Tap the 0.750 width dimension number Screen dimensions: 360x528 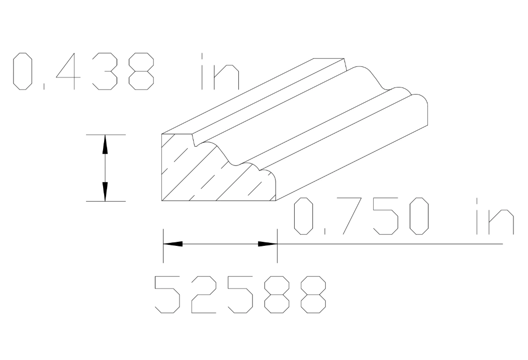[x=363, y=217]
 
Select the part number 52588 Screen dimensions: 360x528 [x=241, y=294]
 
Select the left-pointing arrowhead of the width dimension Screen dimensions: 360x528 [x=172, y=244]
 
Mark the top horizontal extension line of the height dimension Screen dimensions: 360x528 [x=105, y=134]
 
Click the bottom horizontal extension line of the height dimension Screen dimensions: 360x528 [x=105, y=201]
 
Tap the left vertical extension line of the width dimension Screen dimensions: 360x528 [x=163, y=246]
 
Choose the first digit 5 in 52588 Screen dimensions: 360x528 [x=167, y=294]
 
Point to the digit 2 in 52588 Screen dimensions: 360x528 [x=204, y=294]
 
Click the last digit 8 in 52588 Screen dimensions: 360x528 [x=315, y=294]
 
